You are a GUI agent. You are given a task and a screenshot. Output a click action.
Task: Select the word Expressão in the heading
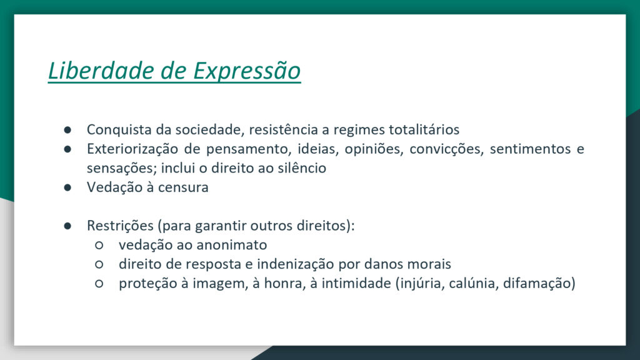click(x=247, y=71)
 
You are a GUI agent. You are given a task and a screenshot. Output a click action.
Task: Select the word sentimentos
click(x=530, y=149)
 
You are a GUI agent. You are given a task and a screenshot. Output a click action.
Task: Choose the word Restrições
click(x=121, y=226)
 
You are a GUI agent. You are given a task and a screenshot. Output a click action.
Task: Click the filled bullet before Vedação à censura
click(x=67, y=187)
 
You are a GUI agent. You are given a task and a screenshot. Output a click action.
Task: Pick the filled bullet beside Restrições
click(x=67, y=226)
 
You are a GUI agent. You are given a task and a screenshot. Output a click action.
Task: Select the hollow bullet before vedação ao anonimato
click(x=99, y=245)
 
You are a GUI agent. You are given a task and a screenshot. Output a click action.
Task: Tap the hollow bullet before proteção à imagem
click(x=99, y=284)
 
